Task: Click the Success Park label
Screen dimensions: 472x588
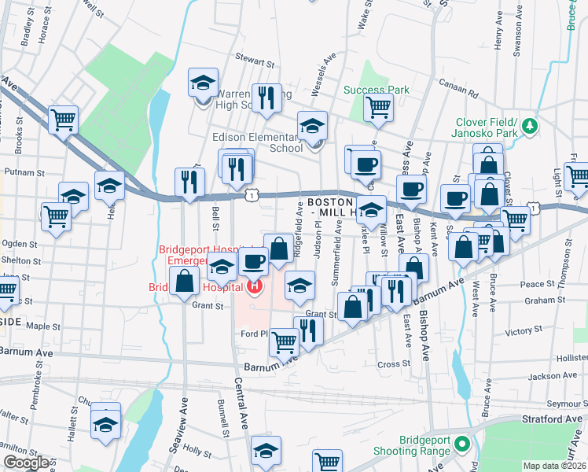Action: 376,90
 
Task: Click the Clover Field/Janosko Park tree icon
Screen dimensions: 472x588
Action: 531,125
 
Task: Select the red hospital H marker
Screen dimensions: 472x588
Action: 254,287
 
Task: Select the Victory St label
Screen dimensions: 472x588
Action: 519,332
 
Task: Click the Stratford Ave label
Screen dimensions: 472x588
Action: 555,419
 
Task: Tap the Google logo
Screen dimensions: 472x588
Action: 26,463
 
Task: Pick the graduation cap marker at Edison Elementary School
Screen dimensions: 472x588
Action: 312,125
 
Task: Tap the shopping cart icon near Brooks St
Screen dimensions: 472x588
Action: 62,120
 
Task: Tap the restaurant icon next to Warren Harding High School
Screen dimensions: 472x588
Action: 266,97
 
